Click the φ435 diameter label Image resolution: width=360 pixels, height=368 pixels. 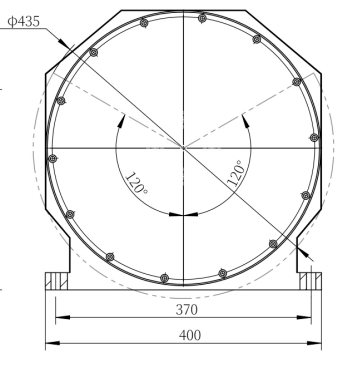(x=23, y=22)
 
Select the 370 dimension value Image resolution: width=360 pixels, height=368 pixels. (x=187, y=310)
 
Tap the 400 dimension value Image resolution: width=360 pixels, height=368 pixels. (x=190, y=335)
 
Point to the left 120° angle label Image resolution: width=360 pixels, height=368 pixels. (x=136, y=183)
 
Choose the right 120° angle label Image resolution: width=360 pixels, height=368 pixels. (x=236, y=173)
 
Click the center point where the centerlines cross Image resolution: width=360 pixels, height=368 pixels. (x=183, y=147)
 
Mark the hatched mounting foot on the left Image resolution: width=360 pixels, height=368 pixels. (x=57, y=281)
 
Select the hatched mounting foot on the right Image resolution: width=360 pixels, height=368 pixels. (x=310, y=281)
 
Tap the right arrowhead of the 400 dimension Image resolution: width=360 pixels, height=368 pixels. (x=314, y=343)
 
